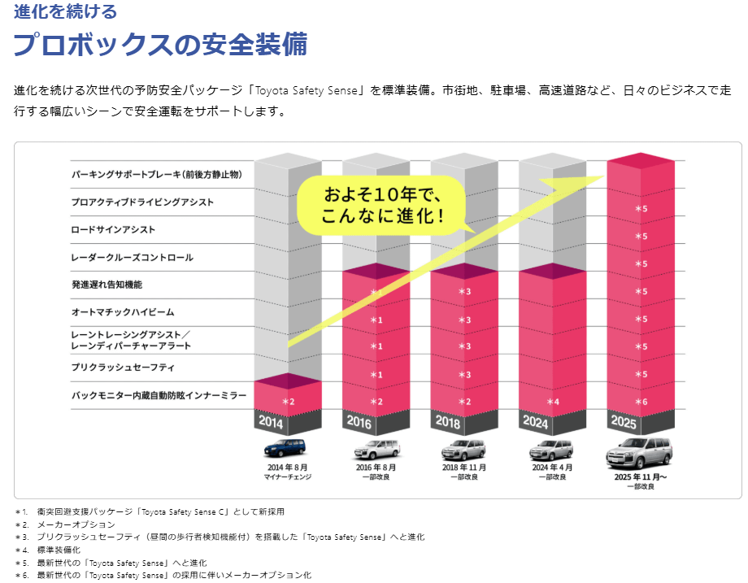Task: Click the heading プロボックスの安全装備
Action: pos(160,45)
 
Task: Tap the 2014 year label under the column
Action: pos(272,421)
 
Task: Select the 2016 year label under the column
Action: pos(359,421)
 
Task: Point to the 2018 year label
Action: pos(447,421)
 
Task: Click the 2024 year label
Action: pos(536,421)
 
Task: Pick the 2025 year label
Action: pos(624,421)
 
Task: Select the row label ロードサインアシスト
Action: pos(113,230)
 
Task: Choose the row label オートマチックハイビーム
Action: pos(123,312)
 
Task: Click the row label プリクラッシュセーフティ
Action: pos(123,368)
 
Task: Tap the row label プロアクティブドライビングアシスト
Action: pos(142,202)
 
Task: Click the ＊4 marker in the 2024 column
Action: pos(553,402)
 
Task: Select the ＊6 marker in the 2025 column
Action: pos(641,402)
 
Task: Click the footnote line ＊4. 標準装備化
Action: pos(50,550)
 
